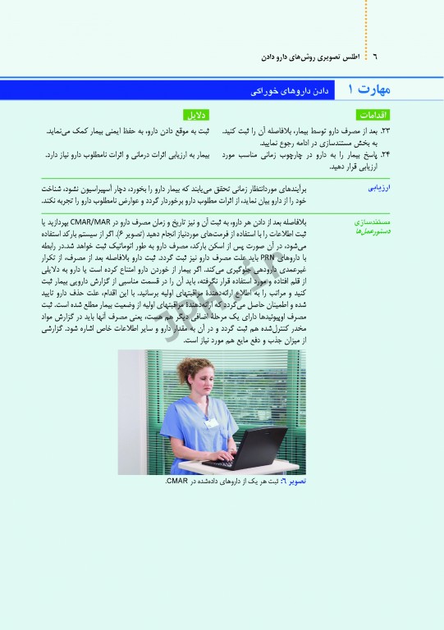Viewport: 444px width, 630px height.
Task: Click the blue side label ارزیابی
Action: coord(377,189)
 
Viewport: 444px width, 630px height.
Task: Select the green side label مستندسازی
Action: coord(371,222)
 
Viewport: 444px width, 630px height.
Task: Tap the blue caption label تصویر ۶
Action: coord(293,482)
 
